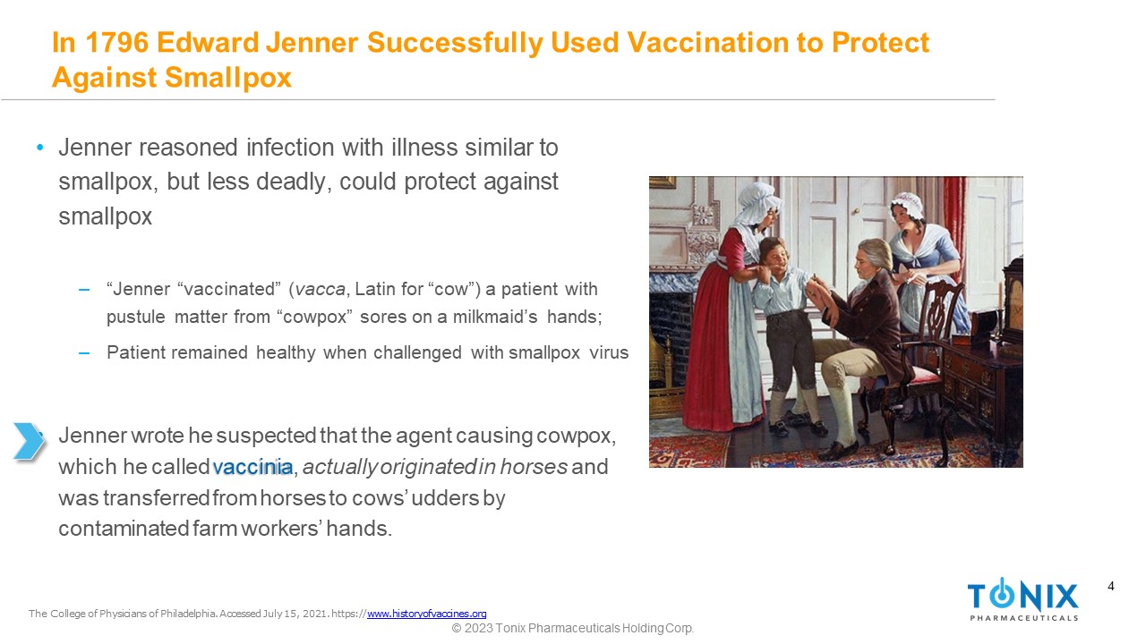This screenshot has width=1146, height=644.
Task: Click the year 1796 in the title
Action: pos(116,42)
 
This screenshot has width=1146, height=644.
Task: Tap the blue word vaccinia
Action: pos(252,467)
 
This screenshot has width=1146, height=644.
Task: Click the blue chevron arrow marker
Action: pos(28,441)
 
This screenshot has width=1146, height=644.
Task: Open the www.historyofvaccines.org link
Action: pos(427,614)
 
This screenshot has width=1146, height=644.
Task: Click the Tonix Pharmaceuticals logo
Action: pos(1022,599)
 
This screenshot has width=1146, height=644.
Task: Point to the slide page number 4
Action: pos(1111,586)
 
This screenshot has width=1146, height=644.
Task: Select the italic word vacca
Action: pos(321,289)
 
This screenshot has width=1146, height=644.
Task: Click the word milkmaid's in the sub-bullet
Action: pos(495,317)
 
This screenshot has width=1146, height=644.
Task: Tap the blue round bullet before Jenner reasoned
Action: pos(40,148)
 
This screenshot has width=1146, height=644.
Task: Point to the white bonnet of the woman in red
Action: pos(757,202)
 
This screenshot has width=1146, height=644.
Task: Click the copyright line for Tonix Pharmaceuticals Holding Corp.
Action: pos(572,628)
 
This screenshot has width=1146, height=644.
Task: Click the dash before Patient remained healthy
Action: pos(84,352)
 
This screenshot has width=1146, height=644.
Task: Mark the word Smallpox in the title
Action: pos(228,78)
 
